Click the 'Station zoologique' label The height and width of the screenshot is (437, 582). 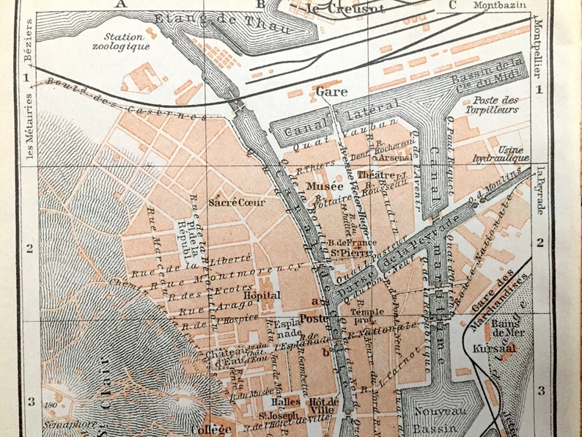click(x=127, y=41)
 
